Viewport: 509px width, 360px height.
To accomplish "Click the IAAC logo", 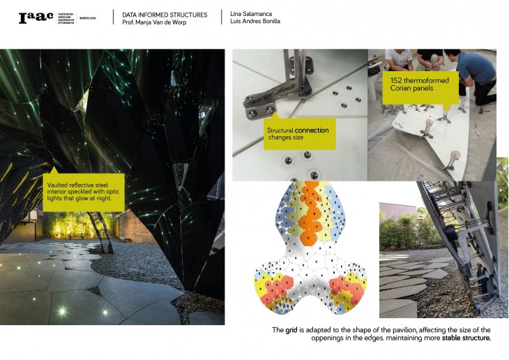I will pyautogui.click(x=36, y=18).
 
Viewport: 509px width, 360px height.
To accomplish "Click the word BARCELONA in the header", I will pyautogui.click(x=89, y=18).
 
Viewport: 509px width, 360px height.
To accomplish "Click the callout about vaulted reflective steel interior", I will pyautogui.click(x=85, y=193).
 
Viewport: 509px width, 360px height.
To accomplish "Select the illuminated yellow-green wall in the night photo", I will pyautogui.click(x=70, y=225).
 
